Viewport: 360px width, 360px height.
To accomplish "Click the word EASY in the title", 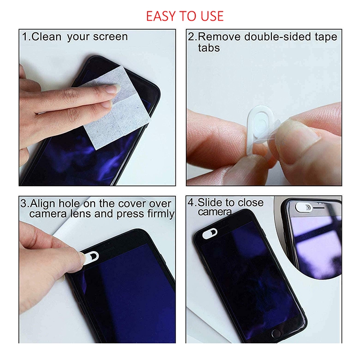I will [161, 16].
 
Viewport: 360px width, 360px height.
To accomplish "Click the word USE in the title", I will [210, 16].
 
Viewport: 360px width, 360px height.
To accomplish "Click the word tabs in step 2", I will [209, 47].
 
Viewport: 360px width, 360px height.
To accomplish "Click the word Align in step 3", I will [42, 203].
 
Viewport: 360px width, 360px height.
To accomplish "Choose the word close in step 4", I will [251, 202].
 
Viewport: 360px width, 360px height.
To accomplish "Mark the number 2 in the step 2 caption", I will [191, 36].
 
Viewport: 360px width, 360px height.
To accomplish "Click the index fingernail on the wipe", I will [112, 89].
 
